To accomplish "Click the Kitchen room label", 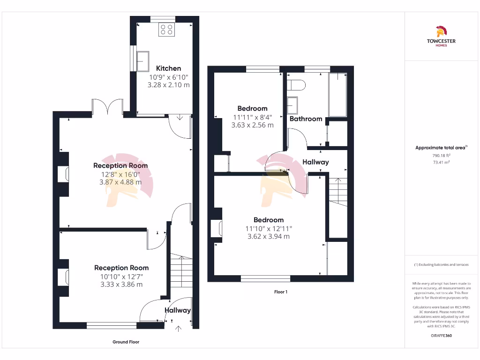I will pyautogui.click(x=168, y=68).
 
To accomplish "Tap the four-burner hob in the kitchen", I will pyautogui.click(x=166, y=30).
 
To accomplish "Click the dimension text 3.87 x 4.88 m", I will pyautogui.click(x=120, y=182).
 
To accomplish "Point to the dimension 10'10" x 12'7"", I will pyautogui.click(x=121, y=276).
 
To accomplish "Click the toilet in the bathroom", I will pyautogui.click(x=297, y=85).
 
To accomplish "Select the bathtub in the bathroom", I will pyautogui.click(x=337, y=95).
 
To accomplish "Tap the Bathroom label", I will pyautogui.click(x=306, y=119).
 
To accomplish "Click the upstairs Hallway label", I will pyautogui.click(x=315, y=162).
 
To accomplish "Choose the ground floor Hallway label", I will pyautogui.click(x=178, y=310).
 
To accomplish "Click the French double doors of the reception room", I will pyautogui.click(x=108, y=107).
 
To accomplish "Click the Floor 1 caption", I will pyautogui.click(x=281, y=292).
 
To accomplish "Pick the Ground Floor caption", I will pyautogui.click(x=126, y=342).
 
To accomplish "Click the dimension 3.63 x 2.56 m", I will pyautogui.click(x=252, y=125).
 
